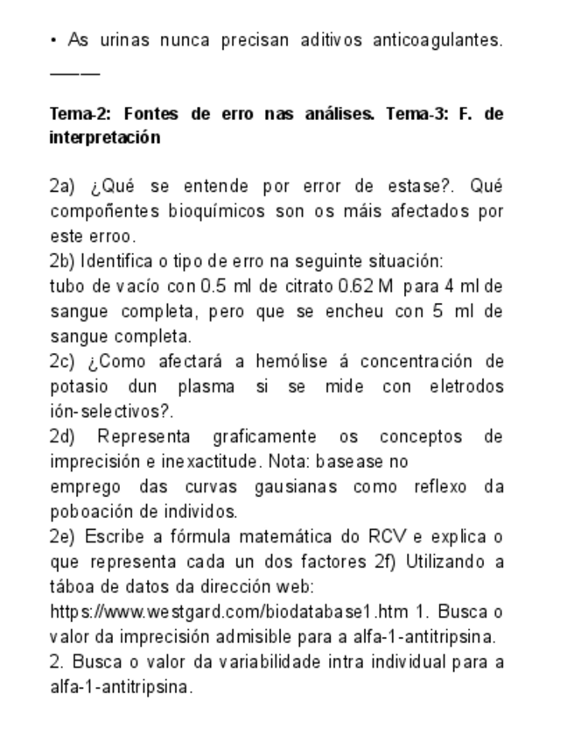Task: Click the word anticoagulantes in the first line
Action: [x=437, y=40]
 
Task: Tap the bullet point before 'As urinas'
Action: [x=54, y=40]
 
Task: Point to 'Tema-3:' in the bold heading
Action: [x=415, y=114]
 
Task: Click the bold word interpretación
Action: [x=105, y=138]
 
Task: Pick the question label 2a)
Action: [x=63, y=187]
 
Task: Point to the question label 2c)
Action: [x=63, y=362]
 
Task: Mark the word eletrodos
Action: [x=466, y=386]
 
